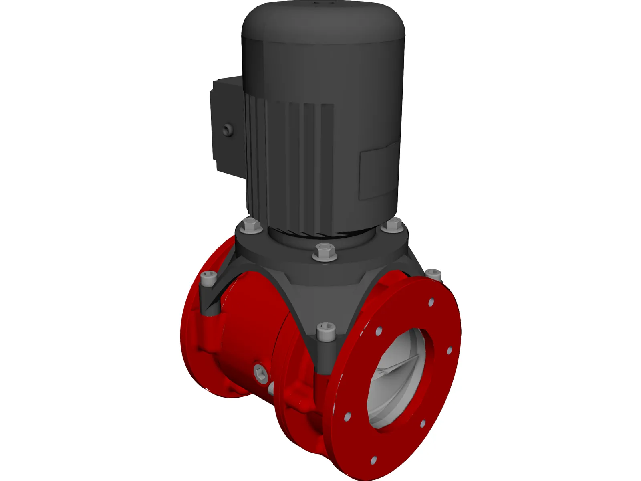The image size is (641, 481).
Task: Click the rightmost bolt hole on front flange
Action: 450,351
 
